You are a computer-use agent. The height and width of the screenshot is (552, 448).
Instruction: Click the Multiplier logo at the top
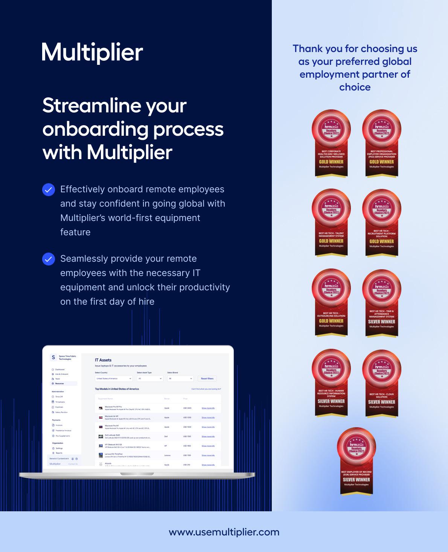tap(92, 52)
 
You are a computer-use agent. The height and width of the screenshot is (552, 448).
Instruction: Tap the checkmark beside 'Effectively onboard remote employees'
tap(49, 190)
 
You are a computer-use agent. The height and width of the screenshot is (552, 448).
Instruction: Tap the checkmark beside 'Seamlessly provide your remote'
tap(49, 259)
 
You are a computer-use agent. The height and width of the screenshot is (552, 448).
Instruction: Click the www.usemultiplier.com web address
tap(224, 532)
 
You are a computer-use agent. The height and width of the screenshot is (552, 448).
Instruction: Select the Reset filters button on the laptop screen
tap(207, 379)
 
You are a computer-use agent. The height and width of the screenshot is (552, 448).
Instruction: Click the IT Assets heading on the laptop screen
tap(103, 360)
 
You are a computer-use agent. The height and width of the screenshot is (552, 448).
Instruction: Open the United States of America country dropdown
tap(114, 379)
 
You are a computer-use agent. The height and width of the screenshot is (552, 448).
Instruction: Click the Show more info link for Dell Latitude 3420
tap(208, 437)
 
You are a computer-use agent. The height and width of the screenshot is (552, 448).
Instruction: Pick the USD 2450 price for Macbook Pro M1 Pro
tap(187, 408)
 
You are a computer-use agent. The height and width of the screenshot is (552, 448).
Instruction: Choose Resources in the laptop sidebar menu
tap(59, 383)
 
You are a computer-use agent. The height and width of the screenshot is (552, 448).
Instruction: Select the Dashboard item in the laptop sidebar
tap(59, 370)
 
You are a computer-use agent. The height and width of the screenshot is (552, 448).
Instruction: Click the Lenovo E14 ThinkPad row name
tap(113, 454)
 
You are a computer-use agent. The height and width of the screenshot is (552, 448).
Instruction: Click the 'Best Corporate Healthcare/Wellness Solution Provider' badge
tap(331, 143)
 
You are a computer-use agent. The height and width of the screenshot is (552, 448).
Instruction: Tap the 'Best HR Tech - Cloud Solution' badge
tap(381, 383)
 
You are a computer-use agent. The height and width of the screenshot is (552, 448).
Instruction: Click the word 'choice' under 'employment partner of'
tap(355, 87)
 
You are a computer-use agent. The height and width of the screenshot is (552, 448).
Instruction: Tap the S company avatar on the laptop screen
tap(53, 357)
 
